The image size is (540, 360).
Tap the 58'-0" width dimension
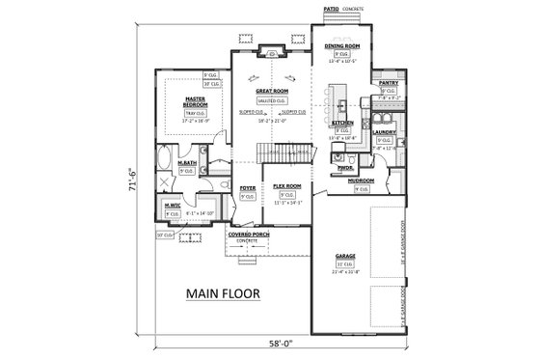click(x=280, y=345)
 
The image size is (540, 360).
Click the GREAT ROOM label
click(x=271, y=90)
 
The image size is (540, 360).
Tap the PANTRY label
click(x=389, y=84)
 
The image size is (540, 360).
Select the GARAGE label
click(x=345, y=256)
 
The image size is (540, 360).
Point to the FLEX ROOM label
click(x=287, y=185)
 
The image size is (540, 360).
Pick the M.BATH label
click(x=188, y=163)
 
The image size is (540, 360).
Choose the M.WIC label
click(x=174, y=205)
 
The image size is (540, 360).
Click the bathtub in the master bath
click(x=163, y=156)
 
